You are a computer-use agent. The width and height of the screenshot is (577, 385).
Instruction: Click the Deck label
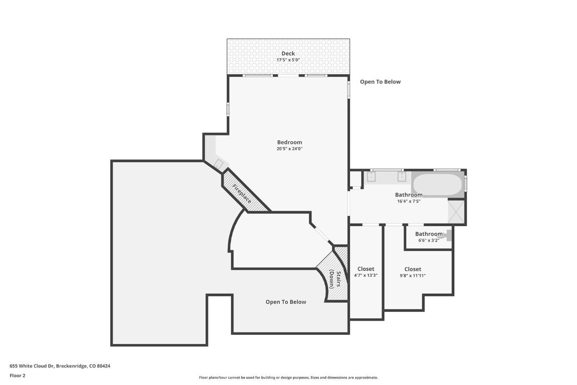288,54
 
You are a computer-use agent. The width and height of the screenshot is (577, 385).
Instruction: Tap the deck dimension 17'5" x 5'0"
288,60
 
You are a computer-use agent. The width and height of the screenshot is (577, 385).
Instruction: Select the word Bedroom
290,142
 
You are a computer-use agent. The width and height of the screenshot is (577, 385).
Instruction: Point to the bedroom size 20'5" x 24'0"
290,149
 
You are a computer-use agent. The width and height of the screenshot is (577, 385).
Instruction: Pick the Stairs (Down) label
335,280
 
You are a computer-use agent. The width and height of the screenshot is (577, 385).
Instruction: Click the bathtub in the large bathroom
437,184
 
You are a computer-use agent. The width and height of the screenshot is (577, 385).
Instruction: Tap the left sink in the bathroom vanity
372,176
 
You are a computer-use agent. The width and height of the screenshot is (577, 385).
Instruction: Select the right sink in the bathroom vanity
401,176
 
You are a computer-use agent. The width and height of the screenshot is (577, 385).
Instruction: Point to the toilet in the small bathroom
447,235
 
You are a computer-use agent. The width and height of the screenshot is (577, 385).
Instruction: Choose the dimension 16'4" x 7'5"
409,202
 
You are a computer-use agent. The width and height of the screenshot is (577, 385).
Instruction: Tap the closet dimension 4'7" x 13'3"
366,275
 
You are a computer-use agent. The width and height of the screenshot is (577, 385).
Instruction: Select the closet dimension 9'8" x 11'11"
413,275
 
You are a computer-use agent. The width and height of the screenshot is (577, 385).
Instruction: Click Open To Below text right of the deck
380,82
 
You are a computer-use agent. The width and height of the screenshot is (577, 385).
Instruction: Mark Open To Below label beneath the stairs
285,302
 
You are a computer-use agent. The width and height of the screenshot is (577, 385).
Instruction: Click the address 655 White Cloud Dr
60,366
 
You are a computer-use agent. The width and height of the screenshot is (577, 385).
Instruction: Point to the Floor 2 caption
17,375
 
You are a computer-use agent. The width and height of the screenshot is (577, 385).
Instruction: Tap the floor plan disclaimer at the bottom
288,377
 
